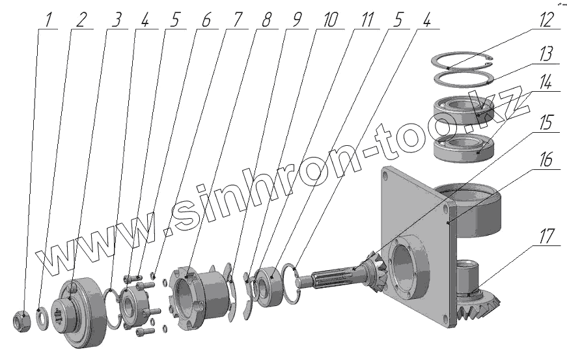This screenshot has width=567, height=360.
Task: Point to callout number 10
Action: (x=330, y=20)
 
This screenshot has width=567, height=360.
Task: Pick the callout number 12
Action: (x=546, y=20)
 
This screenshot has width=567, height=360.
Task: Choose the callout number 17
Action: (x=546, y=236)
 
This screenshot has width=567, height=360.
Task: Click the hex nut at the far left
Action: (x=22, y=320)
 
